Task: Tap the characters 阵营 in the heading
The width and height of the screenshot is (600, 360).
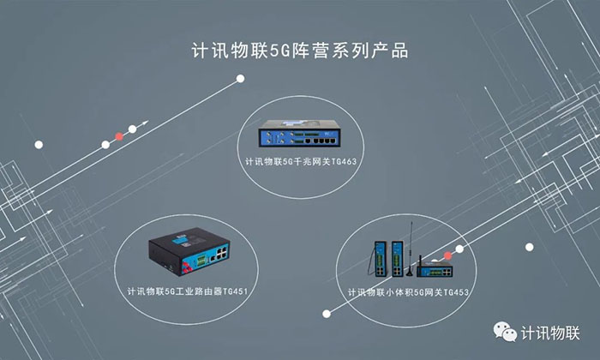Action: pos(314,51)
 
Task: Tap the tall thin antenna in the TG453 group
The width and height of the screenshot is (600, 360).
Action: pos(412,244)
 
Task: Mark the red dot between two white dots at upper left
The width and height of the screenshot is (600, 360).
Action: pos(119,135)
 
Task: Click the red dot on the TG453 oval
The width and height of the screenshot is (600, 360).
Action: pos(447,255)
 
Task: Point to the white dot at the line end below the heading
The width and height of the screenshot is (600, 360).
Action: pos(241,79)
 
